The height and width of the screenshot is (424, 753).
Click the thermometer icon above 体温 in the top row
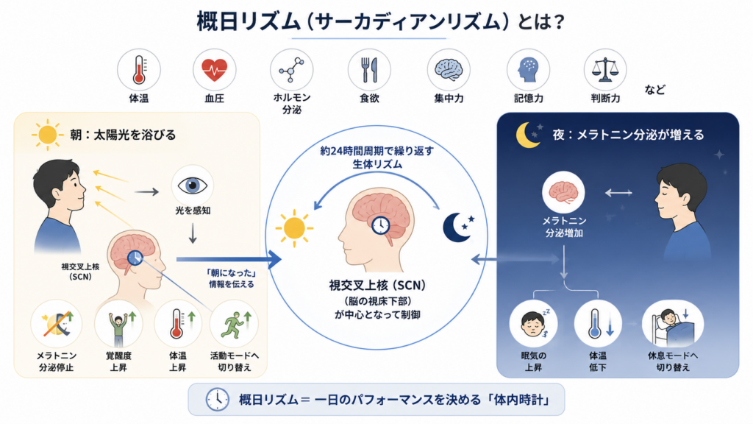coord(139,70)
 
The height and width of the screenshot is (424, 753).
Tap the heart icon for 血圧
coord(214,70)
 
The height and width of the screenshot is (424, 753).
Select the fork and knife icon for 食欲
coord(369,70)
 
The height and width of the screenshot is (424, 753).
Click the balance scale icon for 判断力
coord(605,70)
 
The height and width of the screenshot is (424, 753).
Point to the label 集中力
coord(449,99)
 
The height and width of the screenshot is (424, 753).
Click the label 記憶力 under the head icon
coord(528,99)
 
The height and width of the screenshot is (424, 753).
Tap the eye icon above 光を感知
coord(193,185)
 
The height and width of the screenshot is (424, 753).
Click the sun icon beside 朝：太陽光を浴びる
coord(48,135)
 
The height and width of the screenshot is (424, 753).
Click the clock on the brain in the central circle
coord(380,225)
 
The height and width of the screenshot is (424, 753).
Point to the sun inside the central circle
coord(294,228)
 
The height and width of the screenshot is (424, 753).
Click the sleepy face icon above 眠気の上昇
coord(533,324)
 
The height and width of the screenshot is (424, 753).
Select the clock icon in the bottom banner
coord(217,399)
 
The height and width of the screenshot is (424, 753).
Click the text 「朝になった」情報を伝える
coord(232,278)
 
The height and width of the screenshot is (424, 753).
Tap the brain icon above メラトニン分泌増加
coord(563,192)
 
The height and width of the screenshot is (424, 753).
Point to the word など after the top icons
coord(655,89)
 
